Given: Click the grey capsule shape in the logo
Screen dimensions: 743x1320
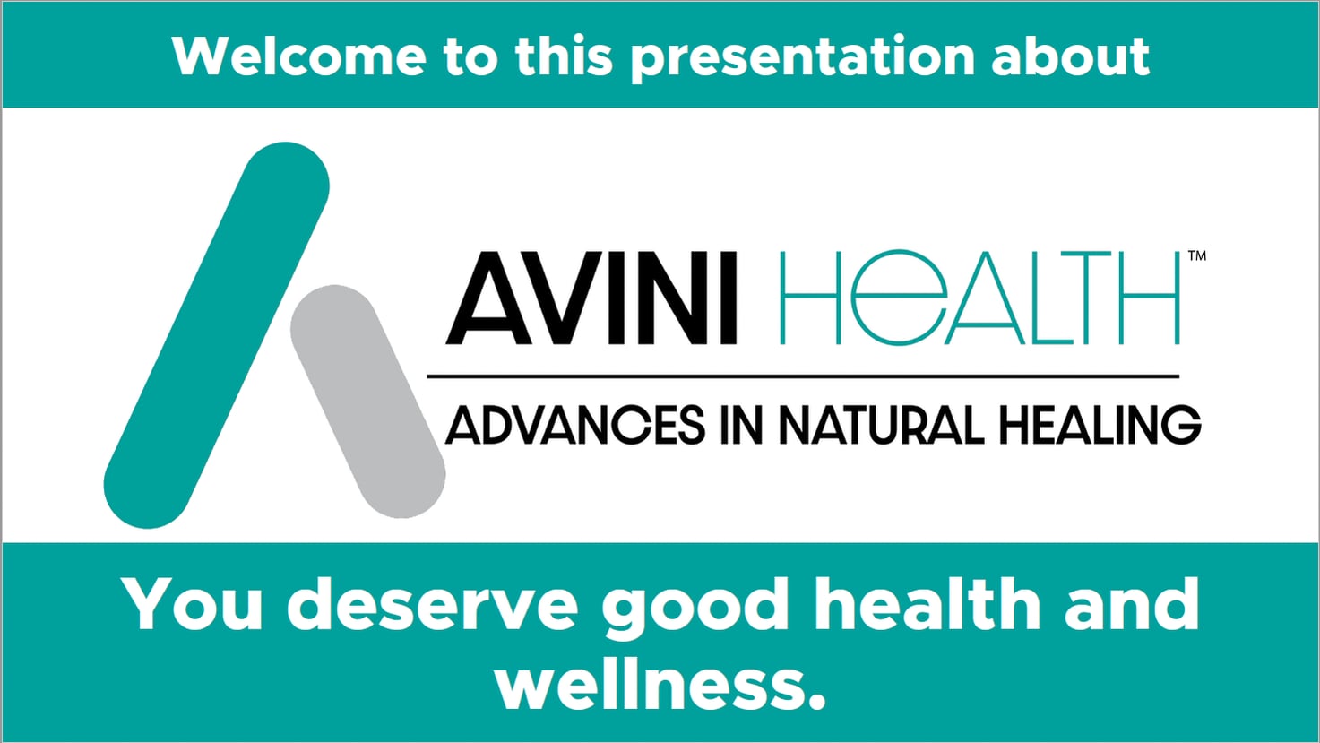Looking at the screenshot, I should click(367, 401).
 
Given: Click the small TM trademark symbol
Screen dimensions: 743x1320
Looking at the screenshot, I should click(1196, 255).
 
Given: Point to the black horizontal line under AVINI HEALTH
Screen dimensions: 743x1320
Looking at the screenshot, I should click(802, 376).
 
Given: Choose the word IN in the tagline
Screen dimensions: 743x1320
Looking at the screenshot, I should click(740, 425).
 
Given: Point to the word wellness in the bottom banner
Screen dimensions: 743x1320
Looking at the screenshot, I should click(660, 685).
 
